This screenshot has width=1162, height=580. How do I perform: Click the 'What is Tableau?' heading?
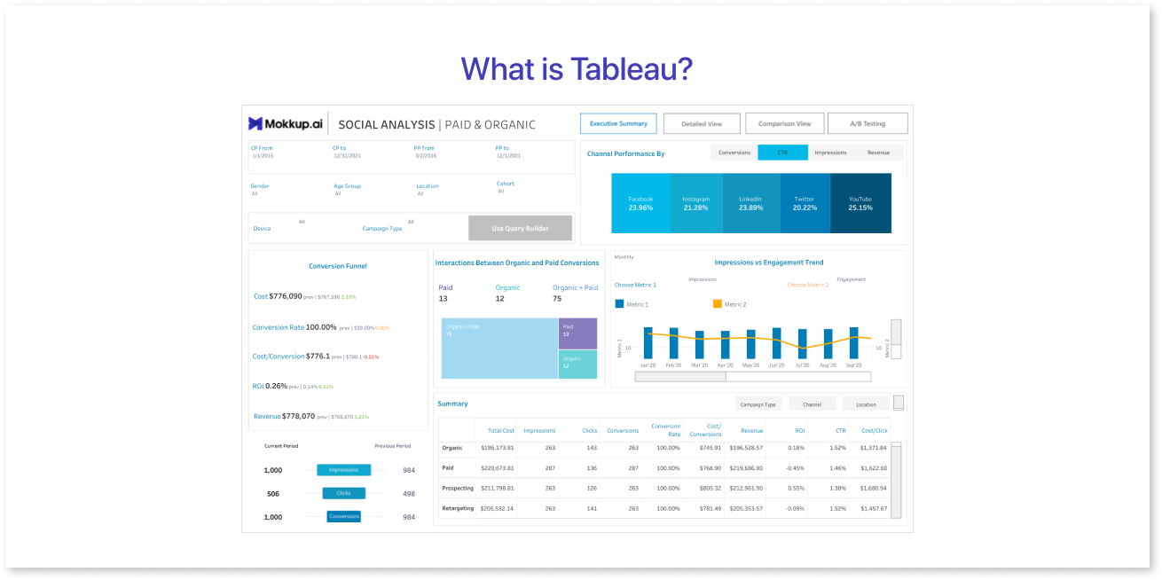click(577, 68)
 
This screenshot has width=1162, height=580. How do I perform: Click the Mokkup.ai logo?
click(286, 124)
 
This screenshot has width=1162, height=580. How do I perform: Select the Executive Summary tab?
click(618, 123)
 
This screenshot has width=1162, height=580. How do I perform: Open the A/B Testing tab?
click(868, 123)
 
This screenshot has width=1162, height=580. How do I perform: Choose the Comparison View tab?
click(784, 123)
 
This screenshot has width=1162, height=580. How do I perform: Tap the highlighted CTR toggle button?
click(782, 153)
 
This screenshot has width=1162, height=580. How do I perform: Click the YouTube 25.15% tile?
click(860, 203)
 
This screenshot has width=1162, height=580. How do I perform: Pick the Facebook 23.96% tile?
click(640, 203)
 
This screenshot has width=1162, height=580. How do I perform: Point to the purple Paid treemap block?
click(577, 333)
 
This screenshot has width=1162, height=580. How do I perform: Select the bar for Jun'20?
click(777, 343)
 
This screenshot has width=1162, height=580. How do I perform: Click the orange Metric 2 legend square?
click(717, 304)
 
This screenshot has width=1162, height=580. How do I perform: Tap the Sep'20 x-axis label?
click(853, 365)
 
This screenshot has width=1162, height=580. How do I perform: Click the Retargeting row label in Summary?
click(457, 508)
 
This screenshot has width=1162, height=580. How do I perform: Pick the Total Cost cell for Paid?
click(498, 468)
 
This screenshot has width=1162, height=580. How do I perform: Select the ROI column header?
click(799, 430)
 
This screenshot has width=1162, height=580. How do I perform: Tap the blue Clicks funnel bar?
click(343, 493)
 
